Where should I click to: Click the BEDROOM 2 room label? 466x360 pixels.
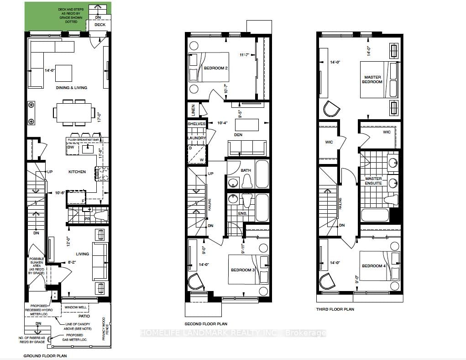pos(215,68)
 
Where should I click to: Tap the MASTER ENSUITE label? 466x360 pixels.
pos(373,181)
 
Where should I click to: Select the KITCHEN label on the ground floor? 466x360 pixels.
pos(77,172)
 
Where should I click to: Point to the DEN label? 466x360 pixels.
pos(237,135)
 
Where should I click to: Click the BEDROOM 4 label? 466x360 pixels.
pos(373,266)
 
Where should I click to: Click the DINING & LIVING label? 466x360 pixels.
pos(71,88)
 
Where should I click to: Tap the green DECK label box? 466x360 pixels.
pos(99,25)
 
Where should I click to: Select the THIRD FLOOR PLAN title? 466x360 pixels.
pos(335,309)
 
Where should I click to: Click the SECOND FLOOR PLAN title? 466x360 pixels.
pos(206,324)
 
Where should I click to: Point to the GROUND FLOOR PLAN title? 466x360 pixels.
pos(45,355)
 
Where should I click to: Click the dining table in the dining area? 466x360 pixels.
pos(75,112)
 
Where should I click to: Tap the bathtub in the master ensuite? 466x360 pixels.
pos(375,215)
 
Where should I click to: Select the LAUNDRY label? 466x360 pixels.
pos(196,138)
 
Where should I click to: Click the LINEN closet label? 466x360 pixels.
pos(193,110)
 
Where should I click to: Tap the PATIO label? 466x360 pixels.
pos(84,316)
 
